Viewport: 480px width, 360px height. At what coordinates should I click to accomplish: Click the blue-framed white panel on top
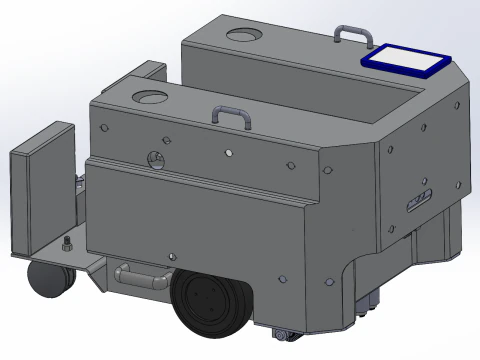pyautogui.click(x=408, y=60)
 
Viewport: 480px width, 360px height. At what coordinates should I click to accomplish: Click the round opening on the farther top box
pyautogui.click(x=243, y=37)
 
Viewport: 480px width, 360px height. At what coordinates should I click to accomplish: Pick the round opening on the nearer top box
pyautogui.click(x=151, y=98)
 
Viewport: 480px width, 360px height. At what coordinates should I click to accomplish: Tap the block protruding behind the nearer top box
pyautogui.click(x=150, y=72)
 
